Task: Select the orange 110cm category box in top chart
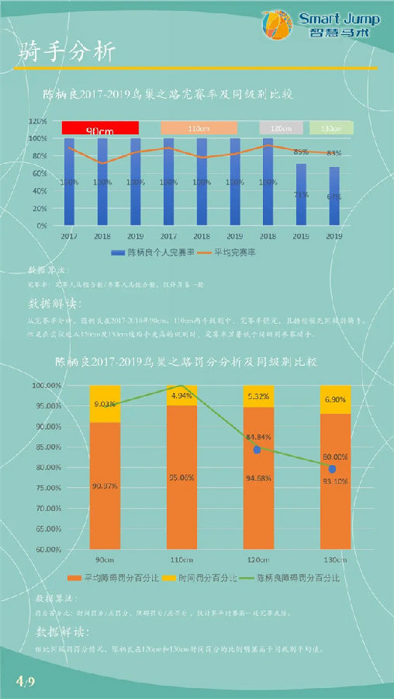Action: pos(199,128)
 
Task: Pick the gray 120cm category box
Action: pos(282,128)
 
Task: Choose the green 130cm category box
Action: pos(331,128)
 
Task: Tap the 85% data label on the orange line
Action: pos(301,151)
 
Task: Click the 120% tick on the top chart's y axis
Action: pos(39,122)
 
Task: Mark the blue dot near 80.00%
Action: pos(332,469)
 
